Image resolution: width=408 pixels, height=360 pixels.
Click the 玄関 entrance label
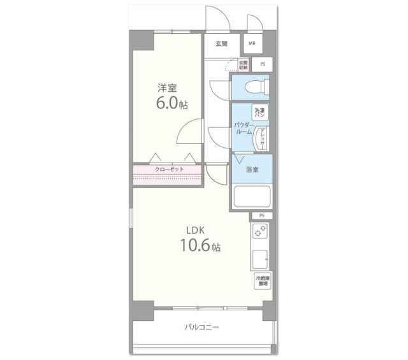[x=221, y=44]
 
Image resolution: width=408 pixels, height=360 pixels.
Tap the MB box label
[x=252, y=44]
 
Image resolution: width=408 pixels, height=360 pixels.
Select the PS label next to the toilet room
[x=261, y=65]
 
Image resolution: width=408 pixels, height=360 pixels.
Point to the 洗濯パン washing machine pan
[x=260, y=112]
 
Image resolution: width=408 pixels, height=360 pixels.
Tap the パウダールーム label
[x=242, y=128]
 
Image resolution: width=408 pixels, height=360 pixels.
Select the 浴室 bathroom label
[x=252, y=169]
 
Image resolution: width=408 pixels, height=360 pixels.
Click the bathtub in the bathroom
[x=252, y=196]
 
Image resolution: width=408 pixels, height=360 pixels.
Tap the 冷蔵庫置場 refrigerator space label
[x=262, y=281]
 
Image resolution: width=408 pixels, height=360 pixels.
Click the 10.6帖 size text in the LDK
[x=199, y=245]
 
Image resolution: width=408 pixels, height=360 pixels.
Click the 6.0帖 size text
[x=171, y=103]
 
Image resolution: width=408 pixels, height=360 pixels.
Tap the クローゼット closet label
[x=169, y=169]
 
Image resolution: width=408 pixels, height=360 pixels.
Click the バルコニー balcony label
[x=202, y=327]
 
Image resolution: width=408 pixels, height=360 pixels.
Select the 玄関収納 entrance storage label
[x=243, y=64]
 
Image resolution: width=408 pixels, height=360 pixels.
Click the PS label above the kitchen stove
[x=261, y=216]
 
